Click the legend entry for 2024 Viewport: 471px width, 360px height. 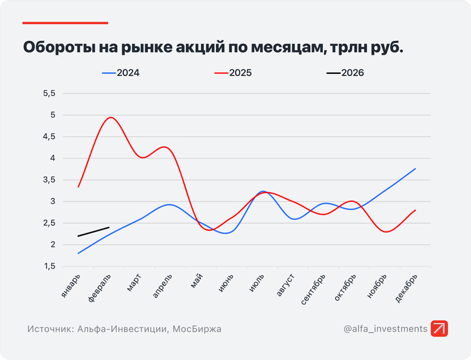point(121,73)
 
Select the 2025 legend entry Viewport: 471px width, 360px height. point(233,73)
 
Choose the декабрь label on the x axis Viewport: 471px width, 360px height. point(406,289)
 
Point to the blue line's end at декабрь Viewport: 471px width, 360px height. point(416,169)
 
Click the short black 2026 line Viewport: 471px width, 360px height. point(94,232)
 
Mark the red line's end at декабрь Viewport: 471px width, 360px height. point(416,210)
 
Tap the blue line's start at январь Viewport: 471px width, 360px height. point(79,253)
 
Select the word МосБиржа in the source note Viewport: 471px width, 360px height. point(196,329)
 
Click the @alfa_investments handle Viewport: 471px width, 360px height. point(385,329)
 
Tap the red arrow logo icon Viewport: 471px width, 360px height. point(439,328)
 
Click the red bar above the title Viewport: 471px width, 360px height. point(65,22)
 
